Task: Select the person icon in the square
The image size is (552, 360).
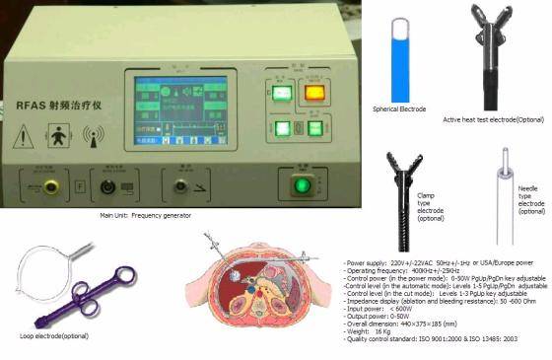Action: point(58,135)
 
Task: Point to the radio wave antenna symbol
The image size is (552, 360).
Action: point(95,136)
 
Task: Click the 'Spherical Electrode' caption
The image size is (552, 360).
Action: point(399,108)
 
